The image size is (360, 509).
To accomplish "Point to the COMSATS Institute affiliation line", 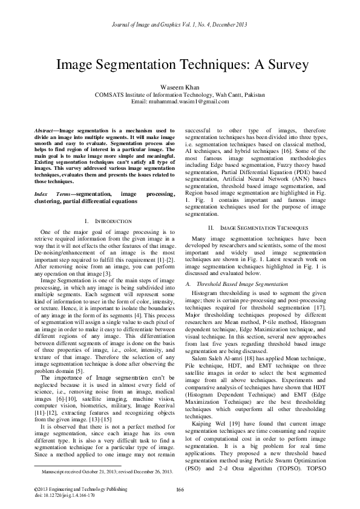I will [180, 94].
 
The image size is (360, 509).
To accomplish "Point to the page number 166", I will [180, 488].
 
